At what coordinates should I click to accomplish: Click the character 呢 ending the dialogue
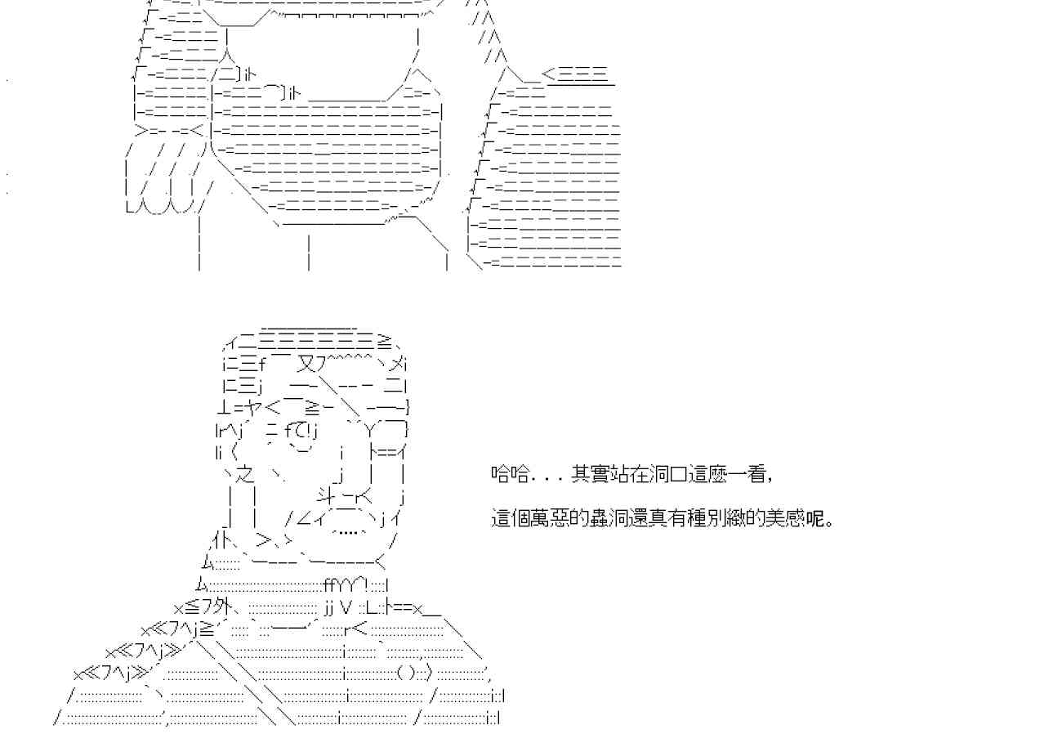tap(820, 518)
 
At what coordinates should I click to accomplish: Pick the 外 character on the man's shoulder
tap(219, 607)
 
